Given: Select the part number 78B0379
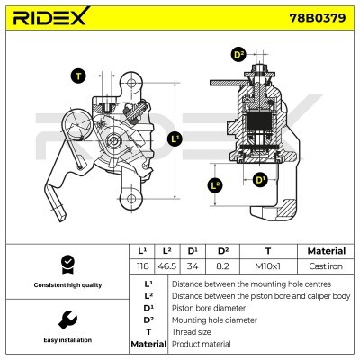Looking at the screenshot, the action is [x=317, y=18].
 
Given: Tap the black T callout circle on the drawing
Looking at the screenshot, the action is [x=78, y=76].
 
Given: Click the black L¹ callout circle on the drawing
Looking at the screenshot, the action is [x=175, y=139].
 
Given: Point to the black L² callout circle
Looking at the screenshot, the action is [x=215, y=185].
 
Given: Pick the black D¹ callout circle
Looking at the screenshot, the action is [x=260, y=180].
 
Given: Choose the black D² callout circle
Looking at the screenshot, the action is [x=238, y=55].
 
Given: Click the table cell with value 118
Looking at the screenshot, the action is [x=142, y=265].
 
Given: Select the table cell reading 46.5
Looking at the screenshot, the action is [x=167, y=265].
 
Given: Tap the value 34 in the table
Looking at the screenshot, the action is [x=193, y=265].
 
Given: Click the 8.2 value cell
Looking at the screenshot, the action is [x=222, y=265].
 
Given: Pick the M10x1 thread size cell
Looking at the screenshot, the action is [x=268, y=265].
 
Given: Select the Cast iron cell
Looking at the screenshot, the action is [x=326, y=265].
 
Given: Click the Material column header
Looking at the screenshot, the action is [x=327, y=251].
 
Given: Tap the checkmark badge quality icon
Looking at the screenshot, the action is [x=67, y=265].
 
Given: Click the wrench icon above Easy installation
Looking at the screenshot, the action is [x=67, y=319].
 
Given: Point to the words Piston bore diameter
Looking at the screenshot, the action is [x=209, y=308].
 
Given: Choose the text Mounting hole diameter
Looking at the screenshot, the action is [x=214, y=320].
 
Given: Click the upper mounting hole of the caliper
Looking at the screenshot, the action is [x=131, y=83].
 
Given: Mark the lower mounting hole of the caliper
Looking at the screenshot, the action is [x=131, y=198].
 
